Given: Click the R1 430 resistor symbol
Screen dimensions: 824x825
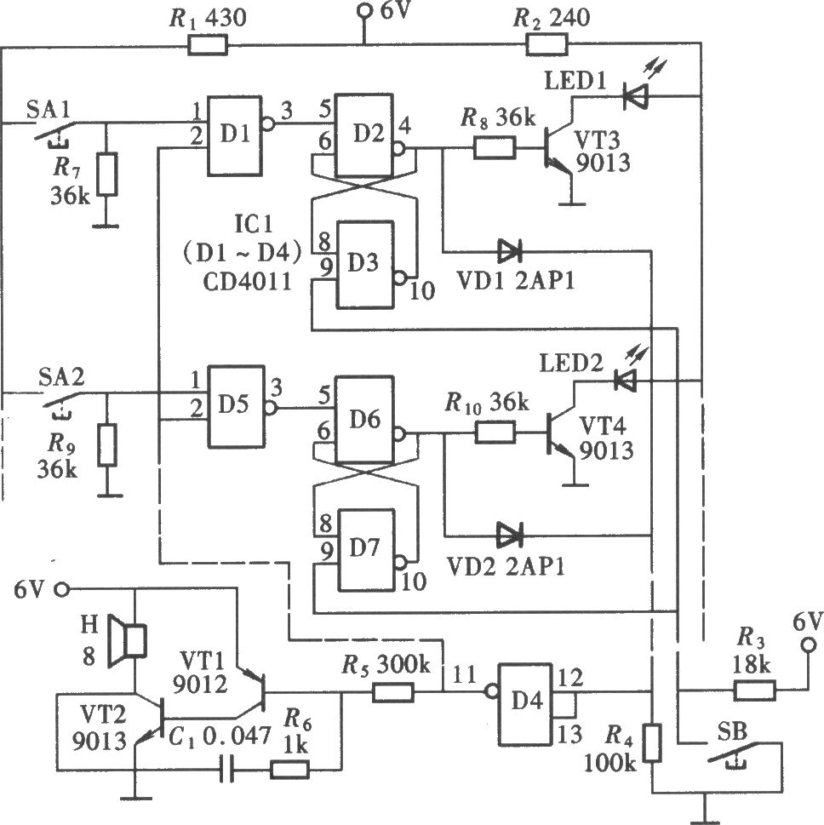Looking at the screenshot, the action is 208,45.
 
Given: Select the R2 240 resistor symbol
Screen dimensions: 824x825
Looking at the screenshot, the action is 546,44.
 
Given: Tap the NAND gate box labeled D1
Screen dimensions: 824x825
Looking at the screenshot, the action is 235,135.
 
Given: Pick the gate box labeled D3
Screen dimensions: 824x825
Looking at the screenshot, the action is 365,264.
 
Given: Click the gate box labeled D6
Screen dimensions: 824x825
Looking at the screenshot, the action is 364,420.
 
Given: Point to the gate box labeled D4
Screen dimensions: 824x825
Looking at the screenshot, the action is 525,704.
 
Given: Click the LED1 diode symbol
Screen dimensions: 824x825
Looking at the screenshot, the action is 635,96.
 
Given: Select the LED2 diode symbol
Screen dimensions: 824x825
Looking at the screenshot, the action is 626,380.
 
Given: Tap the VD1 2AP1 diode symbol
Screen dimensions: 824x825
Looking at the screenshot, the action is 509,251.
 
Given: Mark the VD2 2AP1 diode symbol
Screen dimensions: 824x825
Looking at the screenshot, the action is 509,535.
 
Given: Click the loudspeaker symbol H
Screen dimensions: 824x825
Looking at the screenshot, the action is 127,640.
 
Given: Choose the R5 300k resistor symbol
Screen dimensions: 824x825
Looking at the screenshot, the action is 393,692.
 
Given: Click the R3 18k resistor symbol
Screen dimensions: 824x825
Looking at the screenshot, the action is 754,690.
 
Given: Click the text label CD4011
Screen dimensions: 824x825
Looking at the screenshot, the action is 247,283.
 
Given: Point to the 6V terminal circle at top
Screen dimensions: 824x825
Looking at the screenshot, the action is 363,10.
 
